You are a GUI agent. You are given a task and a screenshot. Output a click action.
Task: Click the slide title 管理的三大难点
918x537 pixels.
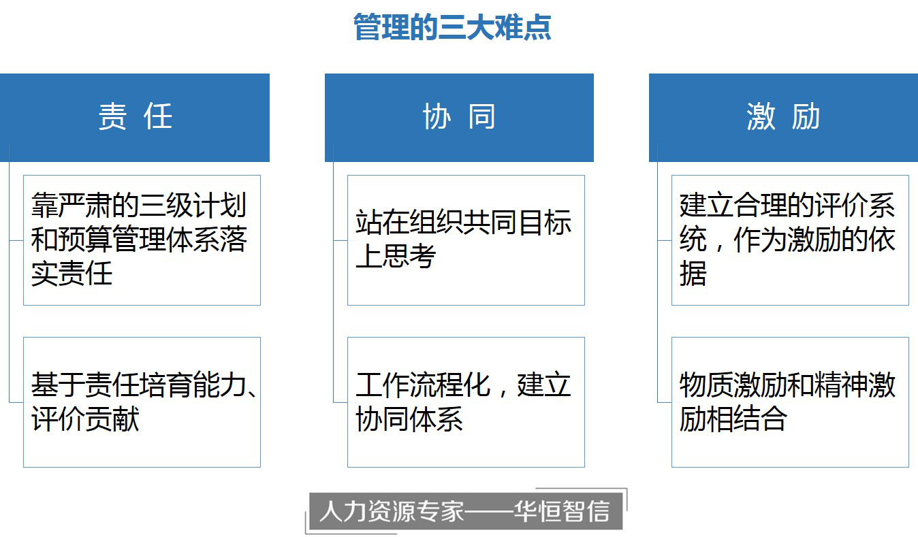click(452, 27)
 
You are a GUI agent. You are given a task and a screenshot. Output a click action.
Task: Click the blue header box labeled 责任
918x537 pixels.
click(135, 118)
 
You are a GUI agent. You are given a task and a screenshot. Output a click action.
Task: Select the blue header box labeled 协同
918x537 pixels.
click(459, 118)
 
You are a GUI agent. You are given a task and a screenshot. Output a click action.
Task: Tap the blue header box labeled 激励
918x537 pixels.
click(783, 118)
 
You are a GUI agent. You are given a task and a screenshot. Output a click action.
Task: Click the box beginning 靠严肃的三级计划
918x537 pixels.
click(142, 240)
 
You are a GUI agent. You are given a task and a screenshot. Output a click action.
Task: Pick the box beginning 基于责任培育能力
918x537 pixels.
click(142, 402)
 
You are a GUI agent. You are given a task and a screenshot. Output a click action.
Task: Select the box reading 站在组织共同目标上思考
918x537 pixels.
click(466, 240)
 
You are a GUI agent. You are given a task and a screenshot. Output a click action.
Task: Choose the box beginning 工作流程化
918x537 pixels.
click(466, 402)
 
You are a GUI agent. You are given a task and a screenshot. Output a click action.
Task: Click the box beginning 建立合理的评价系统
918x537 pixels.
click(790, 240)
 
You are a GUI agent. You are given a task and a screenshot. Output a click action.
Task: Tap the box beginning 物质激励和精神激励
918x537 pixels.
click(790, 402)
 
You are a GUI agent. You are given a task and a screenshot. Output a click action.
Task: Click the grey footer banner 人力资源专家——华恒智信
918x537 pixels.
click(466, 512)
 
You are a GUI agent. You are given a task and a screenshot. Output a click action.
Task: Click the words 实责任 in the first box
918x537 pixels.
click(72, 273)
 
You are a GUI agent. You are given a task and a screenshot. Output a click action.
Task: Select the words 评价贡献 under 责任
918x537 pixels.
click(85, 419)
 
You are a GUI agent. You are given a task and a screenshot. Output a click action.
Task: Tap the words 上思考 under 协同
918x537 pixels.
click(396, 256)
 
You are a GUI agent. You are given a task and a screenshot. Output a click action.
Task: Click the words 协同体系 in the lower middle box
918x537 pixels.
click(409, 419)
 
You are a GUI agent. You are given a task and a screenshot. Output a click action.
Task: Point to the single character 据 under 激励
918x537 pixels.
click(693, 273)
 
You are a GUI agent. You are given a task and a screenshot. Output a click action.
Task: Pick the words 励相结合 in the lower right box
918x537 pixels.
click(733, 419)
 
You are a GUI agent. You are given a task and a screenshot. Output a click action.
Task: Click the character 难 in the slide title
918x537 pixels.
click(508, 27)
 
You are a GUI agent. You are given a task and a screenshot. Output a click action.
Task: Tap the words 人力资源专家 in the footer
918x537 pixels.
click(392, 511)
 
